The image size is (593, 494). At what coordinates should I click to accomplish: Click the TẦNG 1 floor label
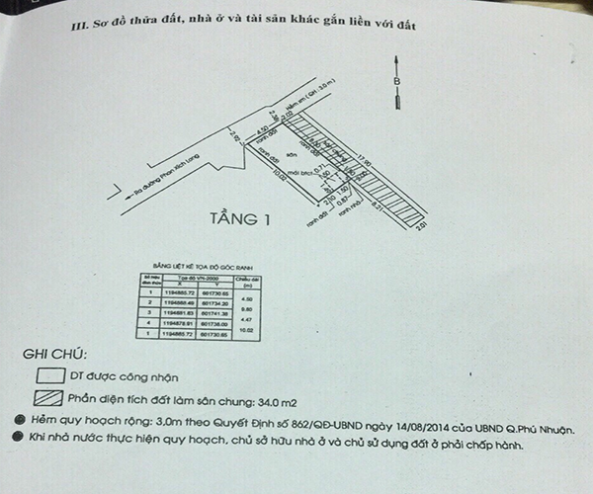(x=241, y=220)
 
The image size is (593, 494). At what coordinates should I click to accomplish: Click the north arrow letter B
(x=397, y=80)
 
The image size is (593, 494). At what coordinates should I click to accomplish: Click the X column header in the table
(x=182, y=282)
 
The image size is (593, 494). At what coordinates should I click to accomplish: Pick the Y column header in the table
(x=213, y=282)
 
